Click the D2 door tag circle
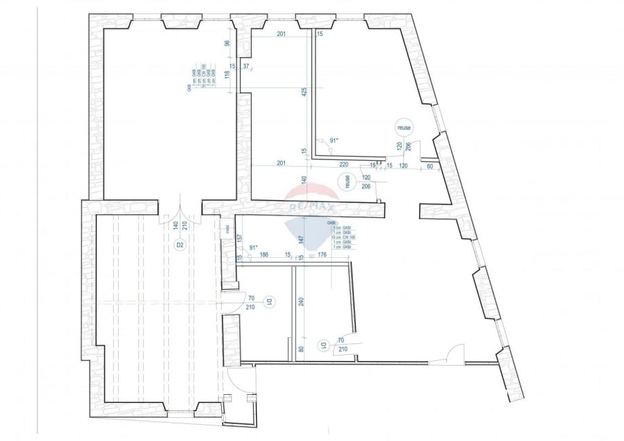click(180, 246)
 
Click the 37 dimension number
click(246, 66)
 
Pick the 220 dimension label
click(345, 164)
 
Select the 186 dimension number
click(264, 255)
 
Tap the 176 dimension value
click(323, 255)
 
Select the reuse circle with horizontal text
click(405, 127)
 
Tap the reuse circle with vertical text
click(347, 182)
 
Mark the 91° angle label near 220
click(333, 140)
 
